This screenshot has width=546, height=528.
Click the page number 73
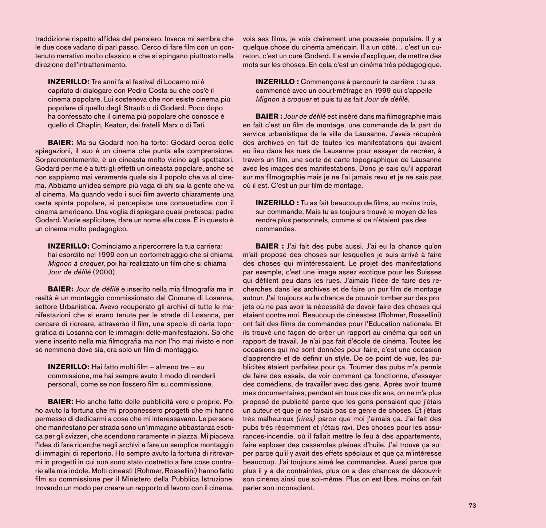[472, 505]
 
